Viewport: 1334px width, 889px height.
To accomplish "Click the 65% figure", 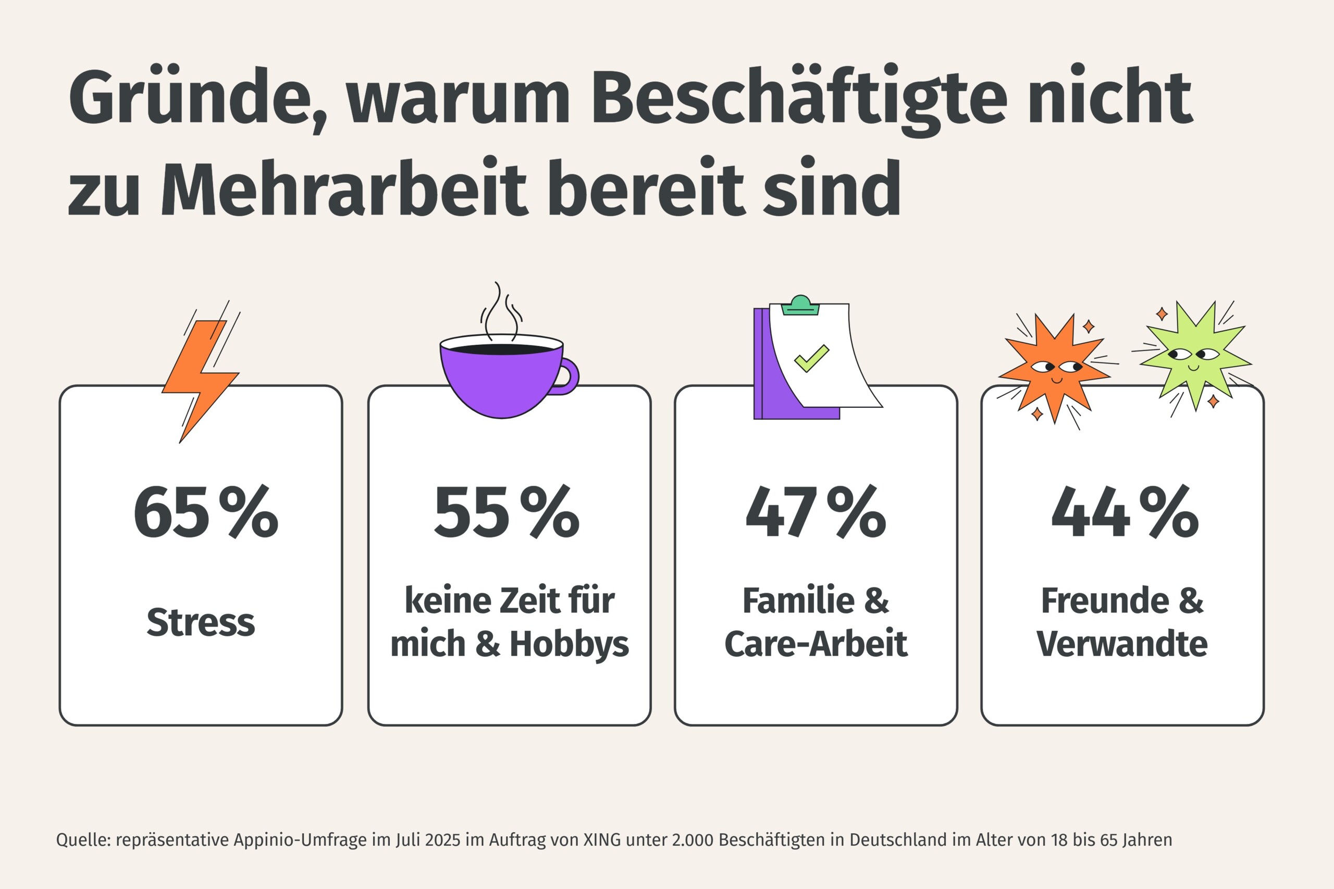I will [205, 512].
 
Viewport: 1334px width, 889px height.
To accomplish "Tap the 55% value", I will [507, 512].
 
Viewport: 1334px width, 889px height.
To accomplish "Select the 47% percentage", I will [816, 512].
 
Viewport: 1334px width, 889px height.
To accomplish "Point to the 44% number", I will [1125, 512].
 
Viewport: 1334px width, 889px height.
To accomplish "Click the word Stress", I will [201, 622].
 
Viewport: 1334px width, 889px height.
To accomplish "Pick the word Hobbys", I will [569, 645].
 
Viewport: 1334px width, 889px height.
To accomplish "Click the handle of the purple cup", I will [569, 375].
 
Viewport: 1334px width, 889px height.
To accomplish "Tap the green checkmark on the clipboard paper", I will [812, 358].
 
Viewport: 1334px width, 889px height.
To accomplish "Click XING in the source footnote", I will [602, 840].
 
